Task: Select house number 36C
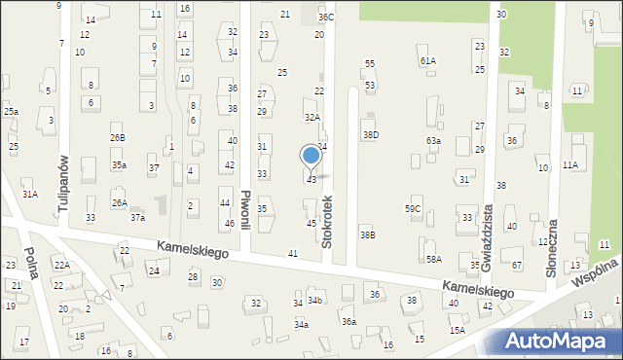click(326, 17)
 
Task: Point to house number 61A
click(428, 60)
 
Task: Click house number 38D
click(370, 134)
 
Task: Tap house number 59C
click(413, 208)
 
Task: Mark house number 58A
click(433, 259)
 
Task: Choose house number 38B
click(367, 234)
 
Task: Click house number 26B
click(117, 138)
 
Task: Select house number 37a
click(138, 218)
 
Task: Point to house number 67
click(517, 265)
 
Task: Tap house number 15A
click(457, 330)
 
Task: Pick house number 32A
click(311, 117)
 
